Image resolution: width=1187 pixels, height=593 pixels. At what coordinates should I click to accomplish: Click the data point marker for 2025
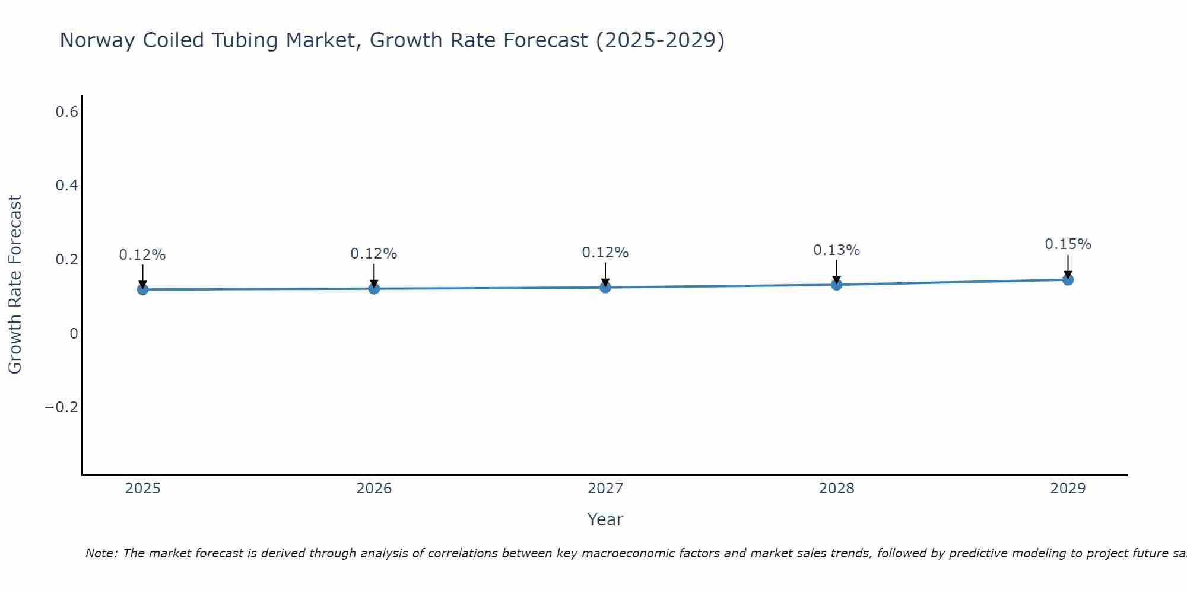pyautogui.click(x=142, y=289)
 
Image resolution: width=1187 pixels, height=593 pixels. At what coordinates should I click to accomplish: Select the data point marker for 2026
pyautogui.click(x=374, y=288)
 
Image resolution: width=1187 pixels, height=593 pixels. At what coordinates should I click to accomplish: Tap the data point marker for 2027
pyautogui.click(x=605, y=287)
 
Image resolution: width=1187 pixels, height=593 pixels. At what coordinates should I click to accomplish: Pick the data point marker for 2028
pyautogui.click(x=836, y=285)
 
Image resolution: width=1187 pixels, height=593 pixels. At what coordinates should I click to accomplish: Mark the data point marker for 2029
pyautogui.click(x=1068, y=279)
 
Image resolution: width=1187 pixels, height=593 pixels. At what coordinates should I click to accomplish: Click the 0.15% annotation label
pyautogui.click(x=1068, y=244)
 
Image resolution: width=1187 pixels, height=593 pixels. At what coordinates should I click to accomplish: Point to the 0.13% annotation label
pyautogui.click(x=836, y=250)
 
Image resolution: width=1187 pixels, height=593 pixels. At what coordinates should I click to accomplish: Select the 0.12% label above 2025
pyautogui.click(x=142, y=255)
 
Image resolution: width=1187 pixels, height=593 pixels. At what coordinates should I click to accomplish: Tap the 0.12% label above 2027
pyautogui.click(x=605, y=253)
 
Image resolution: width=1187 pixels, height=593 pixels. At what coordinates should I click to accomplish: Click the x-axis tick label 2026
pyautogui.click(x=374, y=489)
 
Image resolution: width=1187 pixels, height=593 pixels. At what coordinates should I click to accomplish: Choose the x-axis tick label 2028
pyautogui.click(x=836, y=489)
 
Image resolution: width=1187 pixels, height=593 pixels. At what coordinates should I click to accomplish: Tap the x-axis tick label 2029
pyautogui.click(x=1068, y=489)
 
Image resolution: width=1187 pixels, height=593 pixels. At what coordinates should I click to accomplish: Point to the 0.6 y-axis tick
pyautogui.click(x=66, y=111)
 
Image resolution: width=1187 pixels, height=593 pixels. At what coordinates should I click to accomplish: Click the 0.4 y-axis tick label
pyautogui.click(x=66, y=186)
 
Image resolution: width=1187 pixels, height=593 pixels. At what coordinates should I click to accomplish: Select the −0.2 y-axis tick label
pyautogui.click(x=61, y=407)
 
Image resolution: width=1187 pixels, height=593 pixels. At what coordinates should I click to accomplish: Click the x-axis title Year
pyautogui.click(x=605, y=519)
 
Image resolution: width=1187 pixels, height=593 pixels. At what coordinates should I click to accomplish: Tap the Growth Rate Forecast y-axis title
pyautogui.click(x=15, y=285)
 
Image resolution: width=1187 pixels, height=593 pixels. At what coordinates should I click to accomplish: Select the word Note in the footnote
pyautogui.click(x=100, y=553)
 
